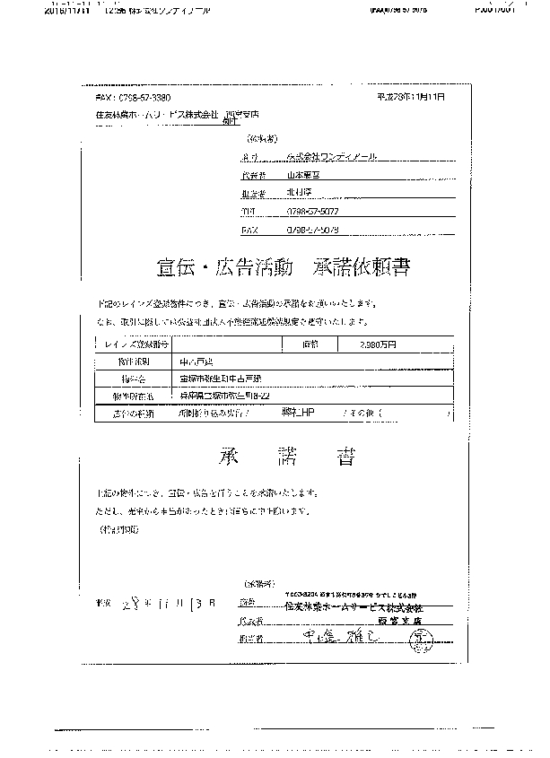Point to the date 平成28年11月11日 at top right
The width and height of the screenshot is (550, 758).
click(412, 95)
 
